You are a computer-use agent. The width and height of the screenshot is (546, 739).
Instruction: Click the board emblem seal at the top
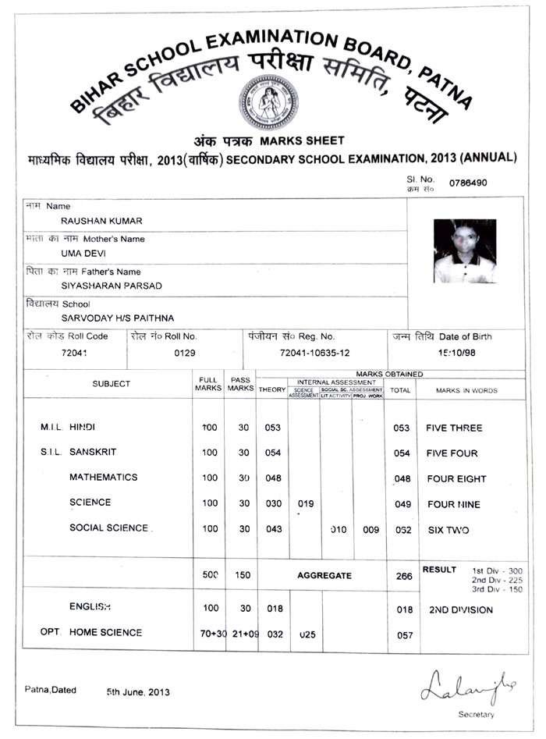coord(268,102)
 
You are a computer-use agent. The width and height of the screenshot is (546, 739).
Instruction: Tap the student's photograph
coord(465,250)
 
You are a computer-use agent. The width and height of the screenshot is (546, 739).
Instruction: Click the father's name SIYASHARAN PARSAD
coord(112,286)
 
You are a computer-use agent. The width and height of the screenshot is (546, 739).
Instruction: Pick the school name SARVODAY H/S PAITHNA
coord(118,318)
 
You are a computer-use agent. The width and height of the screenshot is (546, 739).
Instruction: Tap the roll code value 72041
coord(76,354)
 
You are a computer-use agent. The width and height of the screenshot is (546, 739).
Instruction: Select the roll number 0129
coord(183,354)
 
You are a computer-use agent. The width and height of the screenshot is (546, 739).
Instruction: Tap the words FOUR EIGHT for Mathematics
coord(456,479)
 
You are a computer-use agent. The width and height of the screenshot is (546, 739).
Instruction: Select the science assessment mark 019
coord(306,504)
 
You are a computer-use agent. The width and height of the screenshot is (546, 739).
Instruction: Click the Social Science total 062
coord(402,530)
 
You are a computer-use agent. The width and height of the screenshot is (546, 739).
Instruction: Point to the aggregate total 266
coord(402,576)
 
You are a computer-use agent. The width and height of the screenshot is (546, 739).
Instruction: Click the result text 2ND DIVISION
coord(461,610)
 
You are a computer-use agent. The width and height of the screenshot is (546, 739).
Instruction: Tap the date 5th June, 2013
coord(138,691)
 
